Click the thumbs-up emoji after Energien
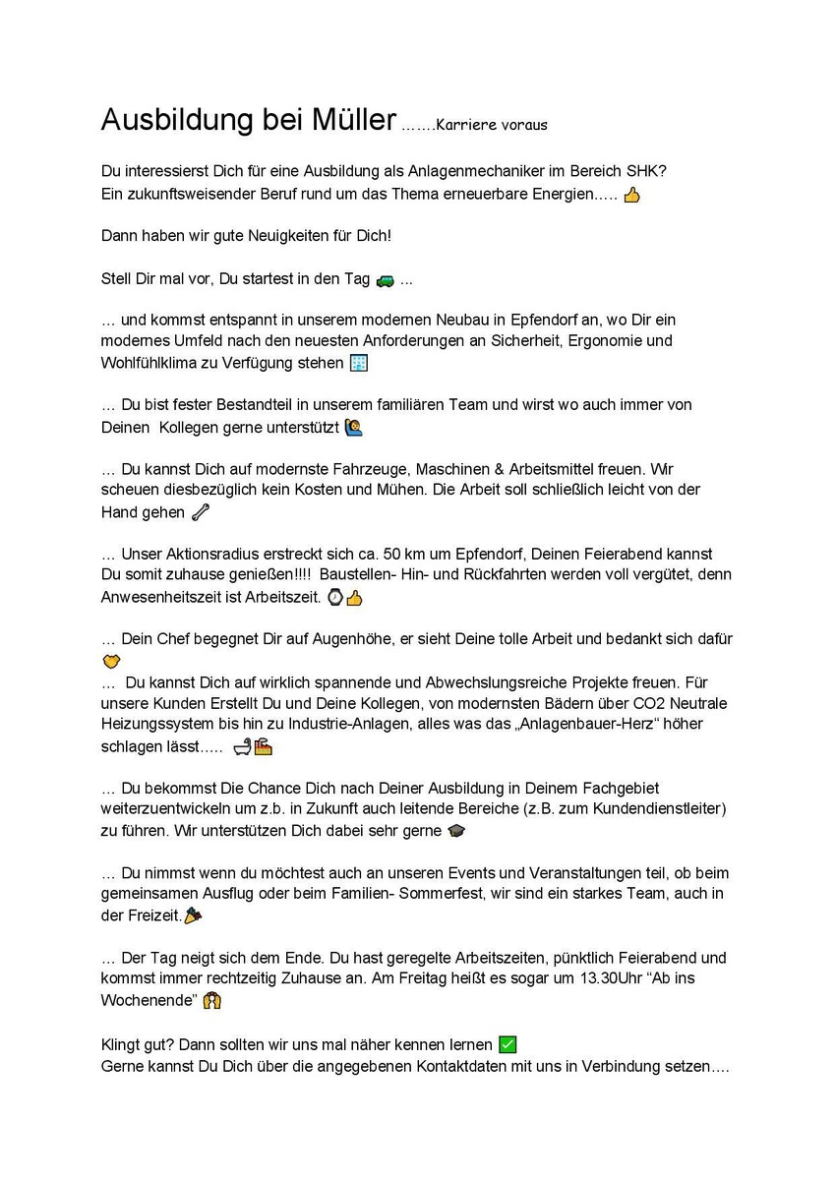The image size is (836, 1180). pyautogui.click(x=631, y=195)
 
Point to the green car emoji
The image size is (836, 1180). pyautogui.click(x=385, y=279)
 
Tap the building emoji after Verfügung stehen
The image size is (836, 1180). pyautogui.click(x=360, y=363)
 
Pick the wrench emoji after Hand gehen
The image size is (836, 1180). pyautogui.click(x=200, y=511)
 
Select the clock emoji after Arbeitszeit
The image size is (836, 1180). pyautogui.click(x=334, y=597)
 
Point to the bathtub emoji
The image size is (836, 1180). pyautogui.click(x=242, y=747)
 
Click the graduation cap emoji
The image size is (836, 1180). pyautogui.click(x=456, y=831)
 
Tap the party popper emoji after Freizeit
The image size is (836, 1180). pyautogui.click(x=193, y=915)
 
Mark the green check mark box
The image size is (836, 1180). pyautogui.click(x=508, y=1044)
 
